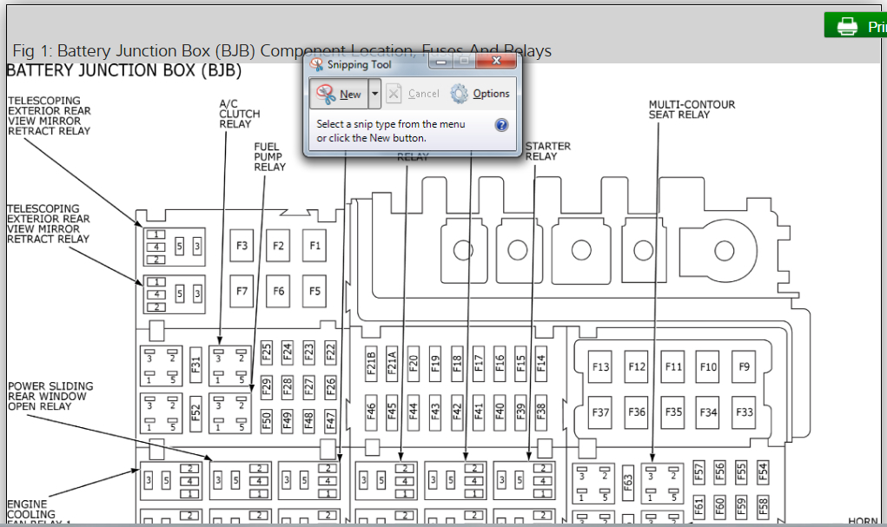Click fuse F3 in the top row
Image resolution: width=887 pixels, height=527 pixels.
242,247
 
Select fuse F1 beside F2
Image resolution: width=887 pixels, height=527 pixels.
314,247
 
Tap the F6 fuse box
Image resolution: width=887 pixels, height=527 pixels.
278,292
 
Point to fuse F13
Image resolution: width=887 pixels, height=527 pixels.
600,367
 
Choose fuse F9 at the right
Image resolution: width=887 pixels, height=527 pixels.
744,367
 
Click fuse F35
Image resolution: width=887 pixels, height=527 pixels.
673,412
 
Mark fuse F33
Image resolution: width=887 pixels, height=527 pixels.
744,412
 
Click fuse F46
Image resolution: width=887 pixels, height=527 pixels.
371,409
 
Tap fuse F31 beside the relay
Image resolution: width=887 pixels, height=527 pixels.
195,365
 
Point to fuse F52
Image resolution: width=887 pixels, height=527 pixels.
195,411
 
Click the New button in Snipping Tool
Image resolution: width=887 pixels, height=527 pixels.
340,94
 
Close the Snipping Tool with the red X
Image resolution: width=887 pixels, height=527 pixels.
497,62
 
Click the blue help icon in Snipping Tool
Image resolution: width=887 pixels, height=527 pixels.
501,125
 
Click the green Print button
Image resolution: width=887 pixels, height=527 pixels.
857,26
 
